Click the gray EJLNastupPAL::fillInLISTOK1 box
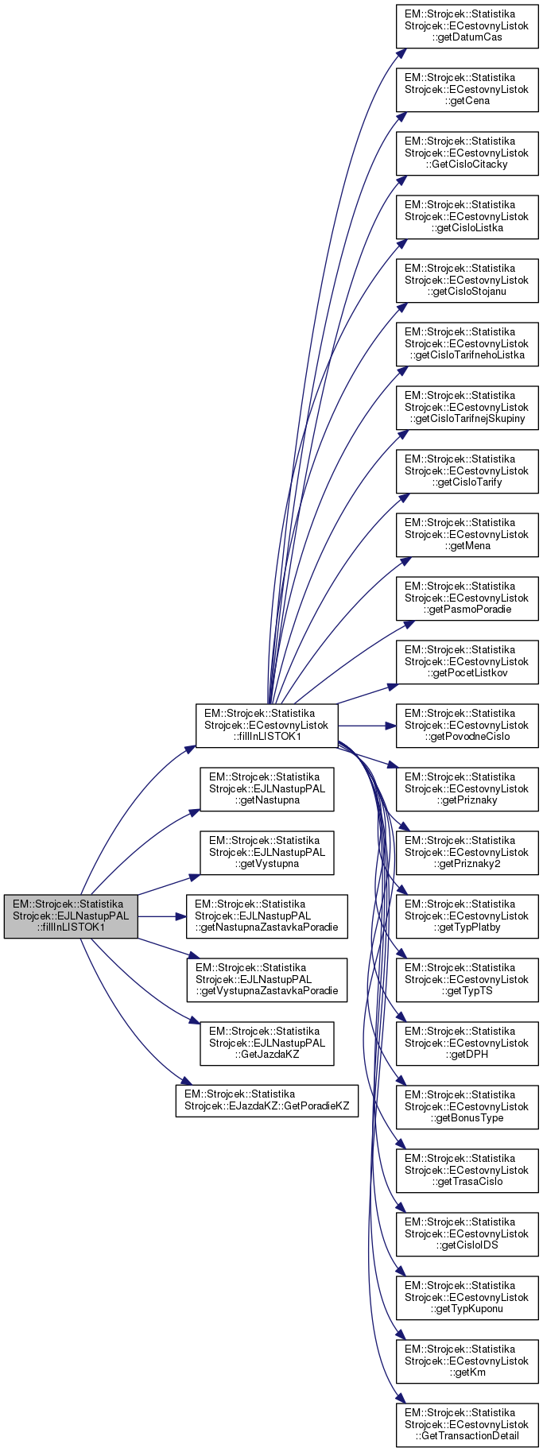click(71, 916)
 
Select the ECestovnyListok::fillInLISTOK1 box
click(266, 726)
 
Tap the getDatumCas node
click(467, 26)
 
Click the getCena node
click(467, 90)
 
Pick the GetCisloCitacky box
click(467, 153)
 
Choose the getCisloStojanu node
click(467, 281)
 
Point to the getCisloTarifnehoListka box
click(467, 344)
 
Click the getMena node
click(467, 535)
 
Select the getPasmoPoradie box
click(467, 598)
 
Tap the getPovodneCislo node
click(467, 726)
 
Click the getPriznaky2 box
click(467, 853)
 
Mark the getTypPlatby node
click(467, 916)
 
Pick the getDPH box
click(467, 1044)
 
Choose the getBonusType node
click(467, 1107)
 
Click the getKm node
click(467, 1361)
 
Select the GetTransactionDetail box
click(467, 1425)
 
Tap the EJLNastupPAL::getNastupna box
click(266, 789)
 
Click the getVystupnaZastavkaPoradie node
click(266, 980)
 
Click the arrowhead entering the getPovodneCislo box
click(391, 726)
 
